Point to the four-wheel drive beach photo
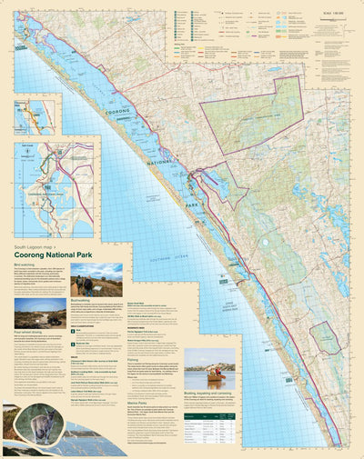(40, 314)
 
